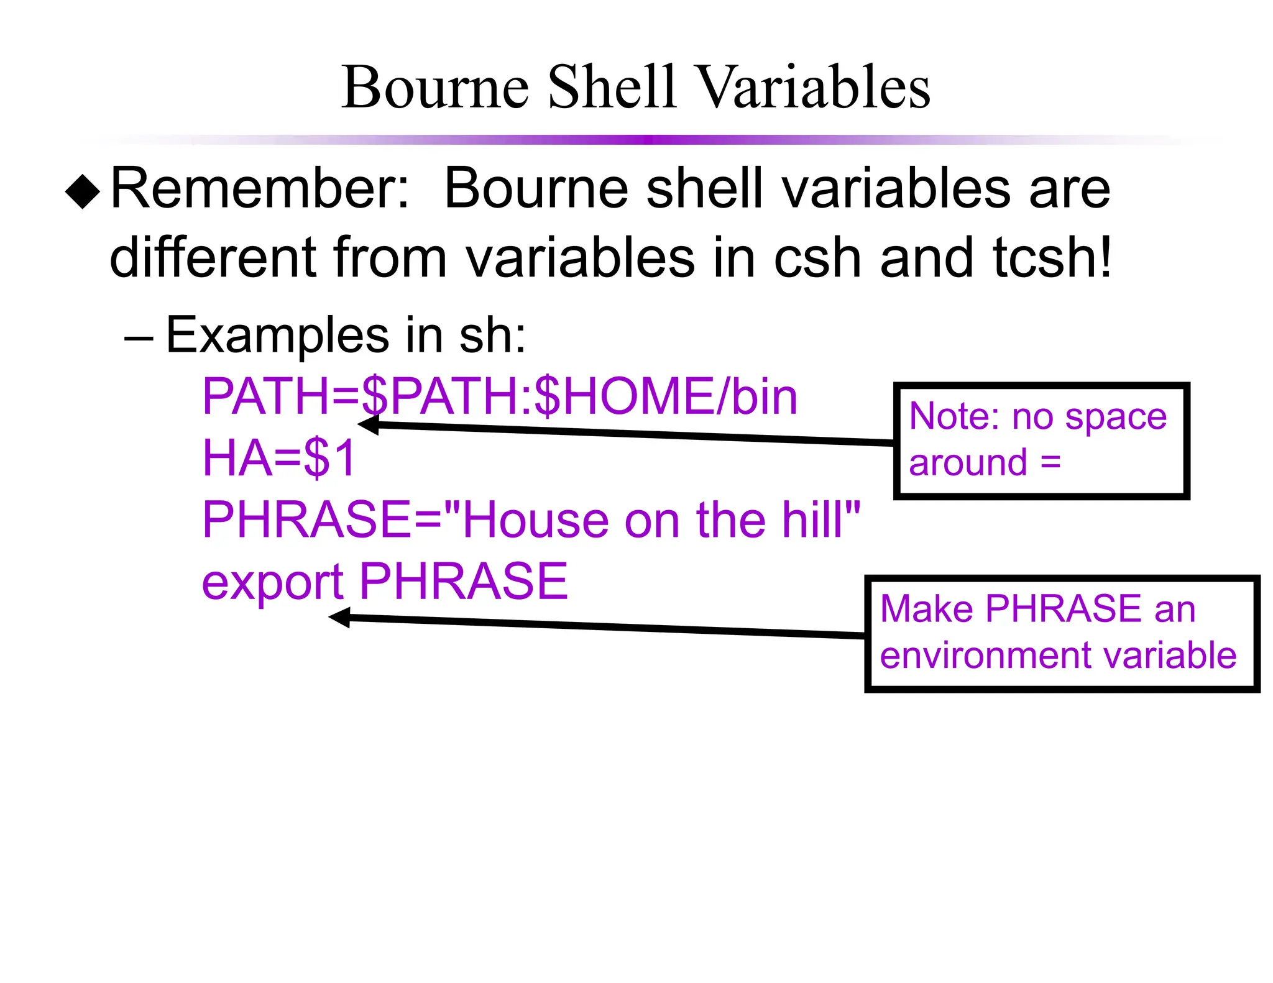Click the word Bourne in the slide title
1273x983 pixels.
[x=434, y=88]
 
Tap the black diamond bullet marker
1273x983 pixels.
[x=83, y=192]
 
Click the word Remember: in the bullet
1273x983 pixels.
[x=260, y=189]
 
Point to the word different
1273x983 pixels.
[x=212, y=257]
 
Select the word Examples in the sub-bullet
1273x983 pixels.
[x=277, y=336]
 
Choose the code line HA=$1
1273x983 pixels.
[x=279, y=459]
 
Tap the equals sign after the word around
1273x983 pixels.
[x=1050, y=462]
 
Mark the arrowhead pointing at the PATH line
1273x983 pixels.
[x=368, y=425]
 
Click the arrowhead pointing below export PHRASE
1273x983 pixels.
[x=339, y=618]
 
